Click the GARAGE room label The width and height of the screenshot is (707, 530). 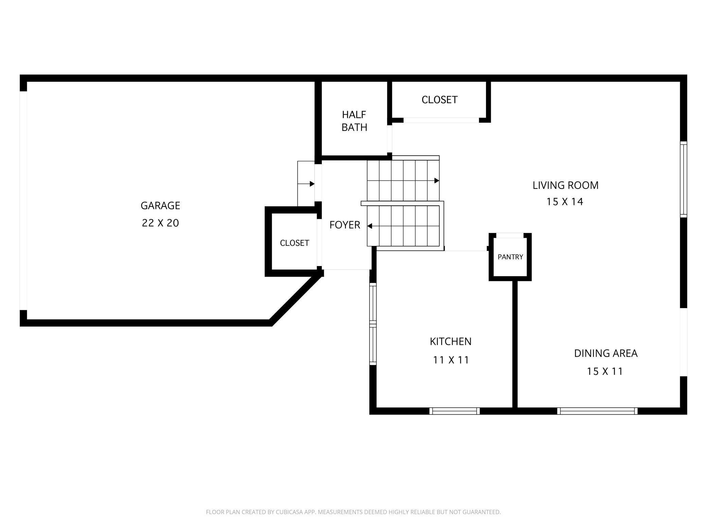tap(160, 206)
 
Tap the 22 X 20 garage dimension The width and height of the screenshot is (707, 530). tap(160, 223)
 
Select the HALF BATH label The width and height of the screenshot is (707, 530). tap(354, 121)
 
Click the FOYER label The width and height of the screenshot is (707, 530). tap(345, 225)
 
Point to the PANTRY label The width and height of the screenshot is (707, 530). tap(510, 257)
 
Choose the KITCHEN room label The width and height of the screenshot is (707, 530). tap(451, 341)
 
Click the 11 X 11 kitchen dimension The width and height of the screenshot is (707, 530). tap(451, 360)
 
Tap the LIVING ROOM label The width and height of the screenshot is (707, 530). tap(565, 185)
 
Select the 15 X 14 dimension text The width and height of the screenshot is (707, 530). tap(565, 202)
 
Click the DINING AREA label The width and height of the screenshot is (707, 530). tap(606, 353)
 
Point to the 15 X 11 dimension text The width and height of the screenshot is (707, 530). tap(605, 371)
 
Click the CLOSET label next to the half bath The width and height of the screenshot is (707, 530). tap(439, 100)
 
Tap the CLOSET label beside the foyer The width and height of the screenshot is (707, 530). tap(294, 243)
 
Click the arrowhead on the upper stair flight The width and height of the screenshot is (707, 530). tap(437, 181)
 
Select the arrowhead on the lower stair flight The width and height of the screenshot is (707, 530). tap(370, 226)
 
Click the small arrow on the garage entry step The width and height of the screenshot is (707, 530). tap(306, 184)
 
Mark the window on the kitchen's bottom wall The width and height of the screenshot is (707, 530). tap(454, 411)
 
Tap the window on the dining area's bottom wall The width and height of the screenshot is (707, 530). tap(597, 411)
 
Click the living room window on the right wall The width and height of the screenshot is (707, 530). tap(684, 179)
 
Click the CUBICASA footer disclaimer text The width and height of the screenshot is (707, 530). tap(353, 512)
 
